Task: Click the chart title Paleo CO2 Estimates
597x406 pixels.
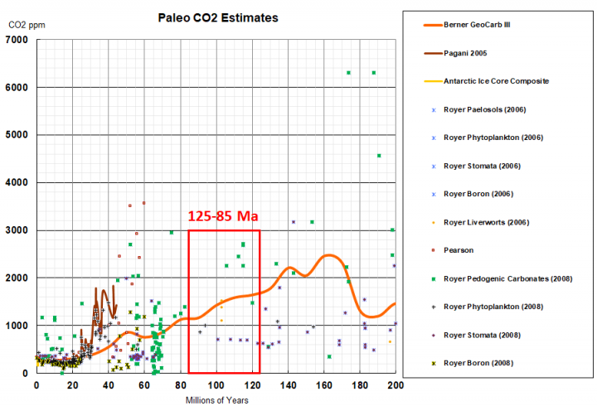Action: tap(218, 17)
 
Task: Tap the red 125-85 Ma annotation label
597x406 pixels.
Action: tap(223, 216)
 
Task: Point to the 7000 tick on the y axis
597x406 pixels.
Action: tap(19, 40)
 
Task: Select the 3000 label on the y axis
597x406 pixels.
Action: tap(19, 230)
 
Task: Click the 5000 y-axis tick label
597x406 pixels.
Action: tap(19, 135)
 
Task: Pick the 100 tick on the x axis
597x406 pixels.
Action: tap(216, 386)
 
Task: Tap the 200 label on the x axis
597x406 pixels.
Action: tap(396, 386)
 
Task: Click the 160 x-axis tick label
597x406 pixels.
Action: tap(323, 386)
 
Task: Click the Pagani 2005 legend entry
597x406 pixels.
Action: tap(464, 53)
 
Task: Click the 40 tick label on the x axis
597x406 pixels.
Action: tap(109, 386)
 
